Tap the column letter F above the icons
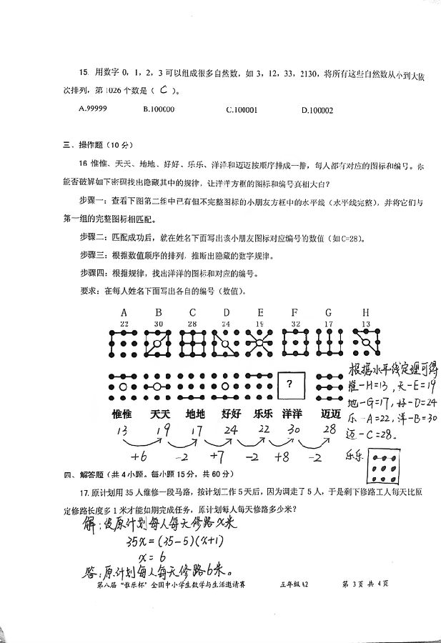pyautogui.click(x=294, y=312)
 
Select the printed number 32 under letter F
pyautogui.click(x=294, y=324)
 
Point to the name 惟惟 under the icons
pyautogui.click(x=122, y=414)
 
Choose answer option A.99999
pyautogui.click(x=93, y=109)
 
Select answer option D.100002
pyautogui.click(x=317, y=110)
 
